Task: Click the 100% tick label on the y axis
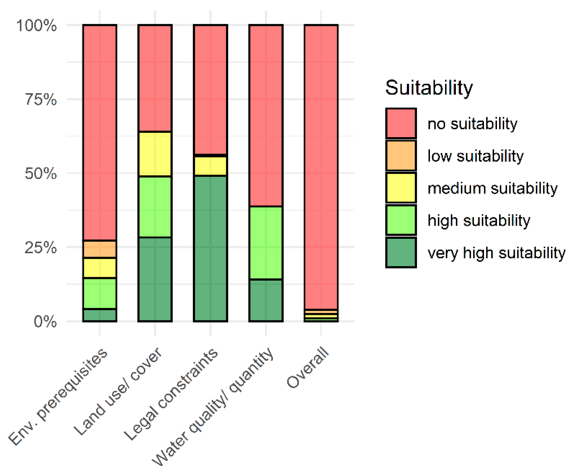[x=36, y=26]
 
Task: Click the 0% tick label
[x=45, y=321]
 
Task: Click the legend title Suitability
[x=429, y=88]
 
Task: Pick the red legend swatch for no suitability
[x=401, y=123]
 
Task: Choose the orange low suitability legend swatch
[x=401, y=156]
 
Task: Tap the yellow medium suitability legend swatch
[x=401, y=188]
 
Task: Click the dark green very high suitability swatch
[x=401, y=253]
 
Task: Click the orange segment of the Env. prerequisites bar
[x=100, y=249]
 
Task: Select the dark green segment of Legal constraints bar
[x=210, y=248]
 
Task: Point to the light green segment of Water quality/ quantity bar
[x=266, y=243]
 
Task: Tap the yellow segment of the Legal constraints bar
[x=210, y=166]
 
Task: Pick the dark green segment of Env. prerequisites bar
[x=100, y=315]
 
